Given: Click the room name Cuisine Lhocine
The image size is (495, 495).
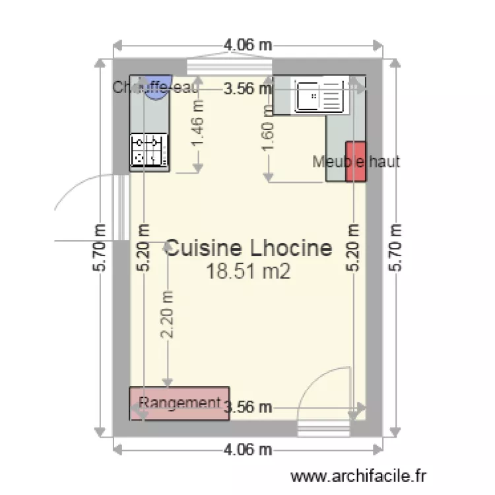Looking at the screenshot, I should (x=248, y=248).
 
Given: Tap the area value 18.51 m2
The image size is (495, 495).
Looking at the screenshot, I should (x=248, y=271).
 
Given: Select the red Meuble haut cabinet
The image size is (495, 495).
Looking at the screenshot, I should (x=355, y=162).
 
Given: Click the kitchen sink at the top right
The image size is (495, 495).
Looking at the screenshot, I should (x=319, y=96).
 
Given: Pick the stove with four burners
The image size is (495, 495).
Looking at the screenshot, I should (x=149, y=150).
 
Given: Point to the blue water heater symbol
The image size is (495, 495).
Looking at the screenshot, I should (x=158, y=88).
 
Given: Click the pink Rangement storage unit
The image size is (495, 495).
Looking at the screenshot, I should (x=179, y=403).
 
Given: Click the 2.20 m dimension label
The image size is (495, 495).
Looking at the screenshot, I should (x=168, y=315).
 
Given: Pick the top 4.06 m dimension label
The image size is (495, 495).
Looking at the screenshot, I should (x=248, y=46).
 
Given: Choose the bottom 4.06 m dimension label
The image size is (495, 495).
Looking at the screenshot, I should (x=248, y=450).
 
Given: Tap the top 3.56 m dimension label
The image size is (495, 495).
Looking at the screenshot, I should (x=248, y=88).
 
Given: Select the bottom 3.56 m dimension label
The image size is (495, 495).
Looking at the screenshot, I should (x=248, y=407).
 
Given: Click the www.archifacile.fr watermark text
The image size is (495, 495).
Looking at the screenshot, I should (x=359, y=475).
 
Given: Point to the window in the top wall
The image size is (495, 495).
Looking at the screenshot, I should (x=230, y=67).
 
